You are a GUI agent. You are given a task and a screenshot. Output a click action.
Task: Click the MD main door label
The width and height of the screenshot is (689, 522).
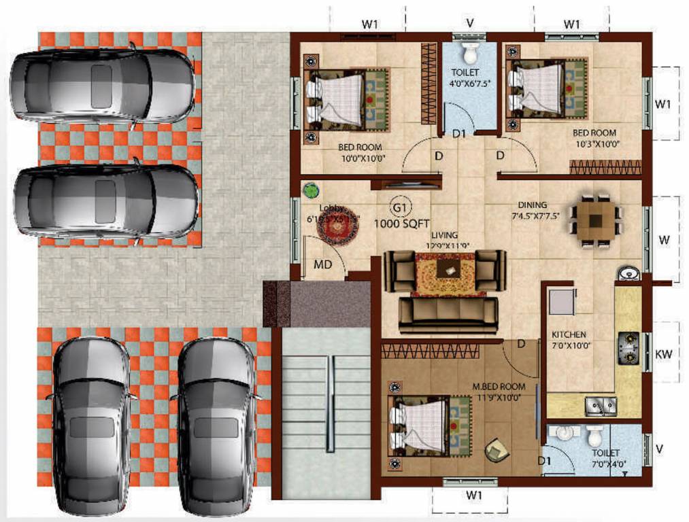coord(322,264)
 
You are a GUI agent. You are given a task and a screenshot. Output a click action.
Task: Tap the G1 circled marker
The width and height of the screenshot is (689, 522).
coord(399,207)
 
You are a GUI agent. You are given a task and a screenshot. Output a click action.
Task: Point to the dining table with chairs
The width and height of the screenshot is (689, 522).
coord(596,221)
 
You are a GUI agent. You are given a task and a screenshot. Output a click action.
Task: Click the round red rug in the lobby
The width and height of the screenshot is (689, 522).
coord(338,230)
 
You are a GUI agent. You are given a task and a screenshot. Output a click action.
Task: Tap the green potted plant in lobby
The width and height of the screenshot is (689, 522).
coord(311,190)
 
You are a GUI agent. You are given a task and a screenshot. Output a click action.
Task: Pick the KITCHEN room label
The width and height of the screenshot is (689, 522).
coord(569,335)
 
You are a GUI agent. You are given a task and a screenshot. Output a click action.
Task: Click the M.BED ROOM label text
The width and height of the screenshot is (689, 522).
coord(499,387)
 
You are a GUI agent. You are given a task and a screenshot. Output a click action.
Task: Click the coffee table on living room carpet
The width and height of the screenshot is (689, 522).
coord(447,270)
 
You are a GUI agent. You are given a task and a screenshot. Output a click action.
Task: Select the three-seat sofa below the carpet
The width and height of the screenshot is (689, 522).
coord(448,313)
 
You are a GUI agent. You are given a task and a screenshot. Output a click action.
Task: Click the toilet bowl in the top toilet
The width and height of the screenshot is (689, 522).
coord(469,53)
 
